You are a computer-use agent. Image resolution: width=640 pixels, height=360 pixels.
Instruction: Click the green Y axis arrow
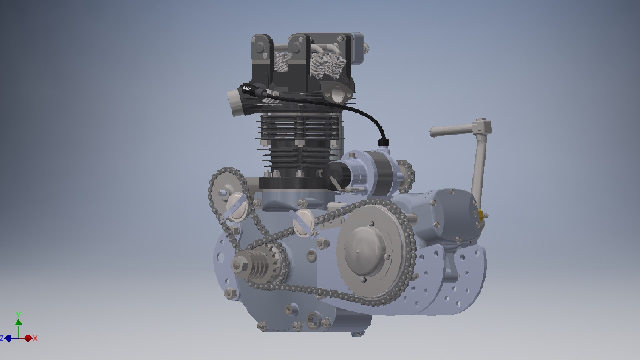tap(19, 322)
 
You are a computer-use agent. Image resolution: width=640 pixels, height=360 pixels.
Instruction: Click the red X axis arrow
tap(29, 338)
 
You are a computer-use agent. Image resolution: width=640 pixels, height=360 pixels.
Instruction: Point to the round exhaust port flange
tap(337, 94)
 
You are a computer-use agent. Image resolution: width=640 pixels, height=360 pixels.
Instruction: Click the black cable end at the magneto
tap(382, 143)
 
